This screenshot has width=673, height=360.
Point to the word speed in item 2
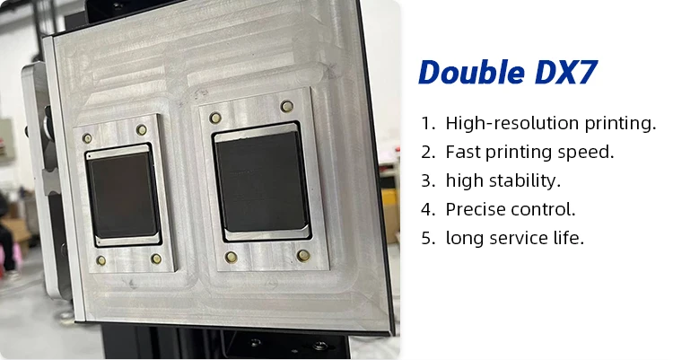click(x=591, y=152)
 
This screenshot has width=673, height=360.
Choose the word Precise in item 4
click(x=476, y=209)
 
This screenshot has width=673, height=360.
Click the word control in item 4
click(x=544, y=209)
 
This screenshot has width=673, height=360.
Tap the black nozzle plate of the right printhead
click(x=261, y=182)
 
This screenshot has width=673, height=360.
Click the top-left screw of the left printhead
click(x=87, y=139)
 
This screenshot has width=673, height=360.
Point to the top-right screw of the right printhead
click(x=286, y=107)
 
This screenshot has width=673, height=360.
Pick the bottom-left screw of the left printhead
click(x=101, y=260)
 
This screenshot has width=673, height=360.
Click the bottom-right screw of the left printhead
click(x=156, y=259)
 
